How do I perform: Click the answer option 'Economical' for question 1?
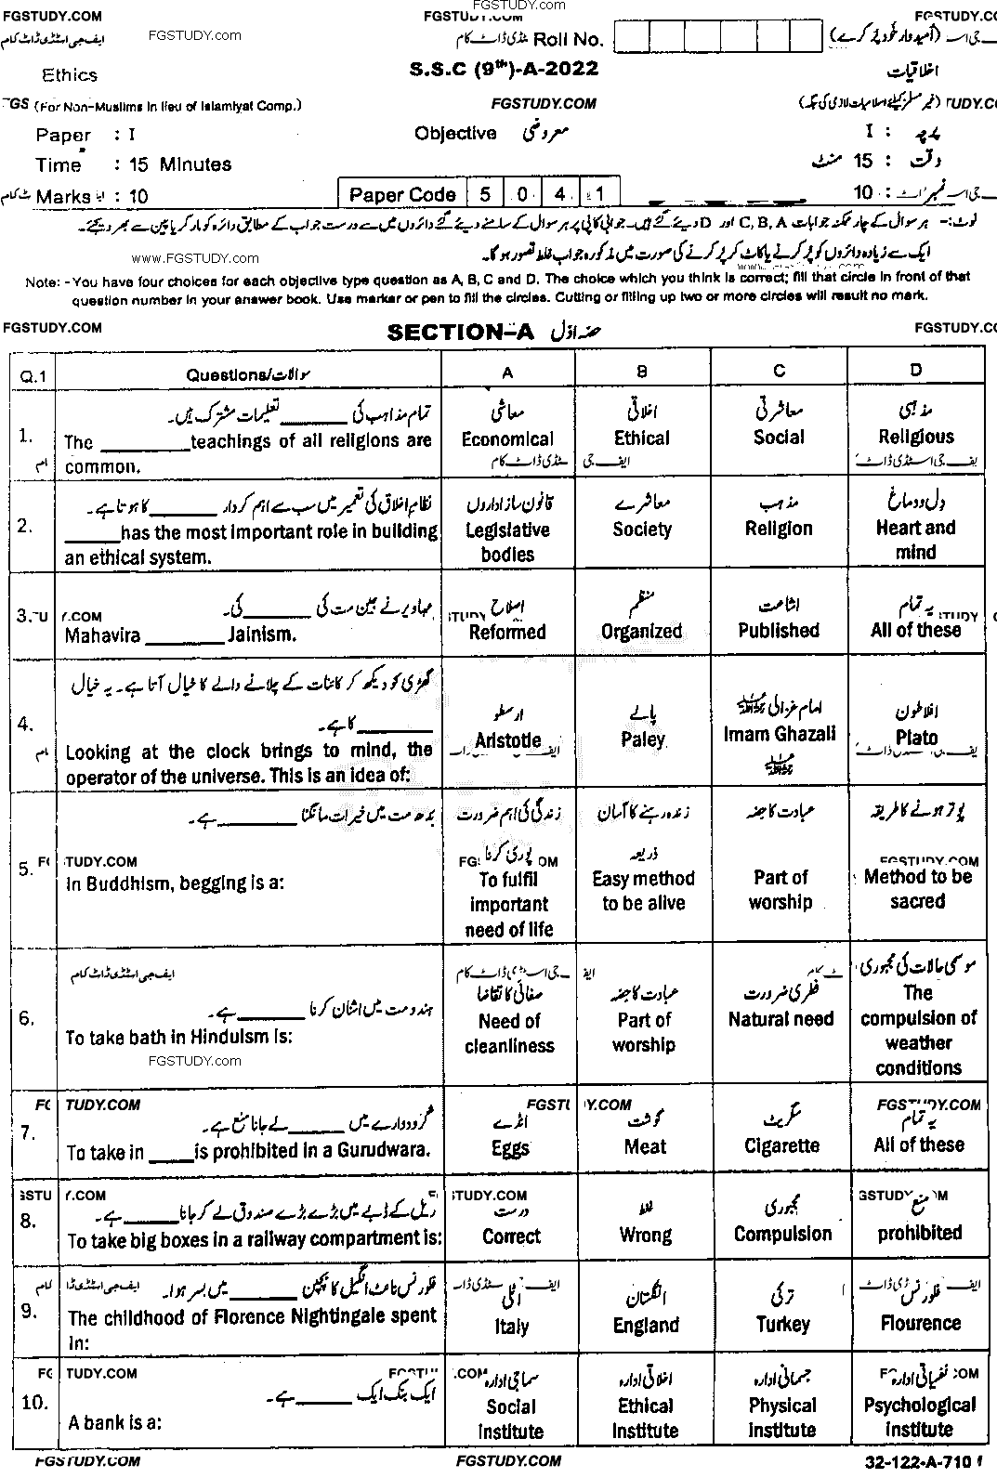coord(507,438)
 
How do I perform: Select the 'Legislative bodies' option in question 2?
coord(507,542)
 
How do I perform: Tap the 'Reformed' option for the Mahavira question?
coord(507,632)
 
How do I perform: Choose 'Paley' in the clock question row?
coord(643,739)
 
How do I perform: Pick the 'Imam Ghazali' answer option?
coord(780,734)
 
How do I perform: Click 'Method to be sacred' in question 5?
coord(918,888)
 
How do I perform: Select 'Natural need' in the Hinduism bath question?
coord(781,1019)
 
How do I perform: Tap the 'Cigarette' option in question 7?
coord(781,1145)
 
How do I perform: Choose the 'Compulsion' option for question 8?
coord(782,1234)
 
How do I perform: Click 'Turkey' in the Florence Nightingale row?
coord(782,1324)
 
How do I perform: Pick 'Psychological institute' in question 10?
coord(919,1418)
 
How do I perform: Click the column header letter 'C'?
coord(780,371)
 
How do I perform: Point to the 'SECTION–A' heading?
coord(460,333)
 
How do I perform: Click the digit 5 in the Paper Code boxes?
coord(485,194)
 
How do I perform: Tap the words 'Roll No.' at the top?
coord(569,39)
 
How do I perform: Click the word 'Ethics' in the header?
coord(70,75)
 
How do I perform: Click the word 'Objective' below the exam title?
coord(455,134)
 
